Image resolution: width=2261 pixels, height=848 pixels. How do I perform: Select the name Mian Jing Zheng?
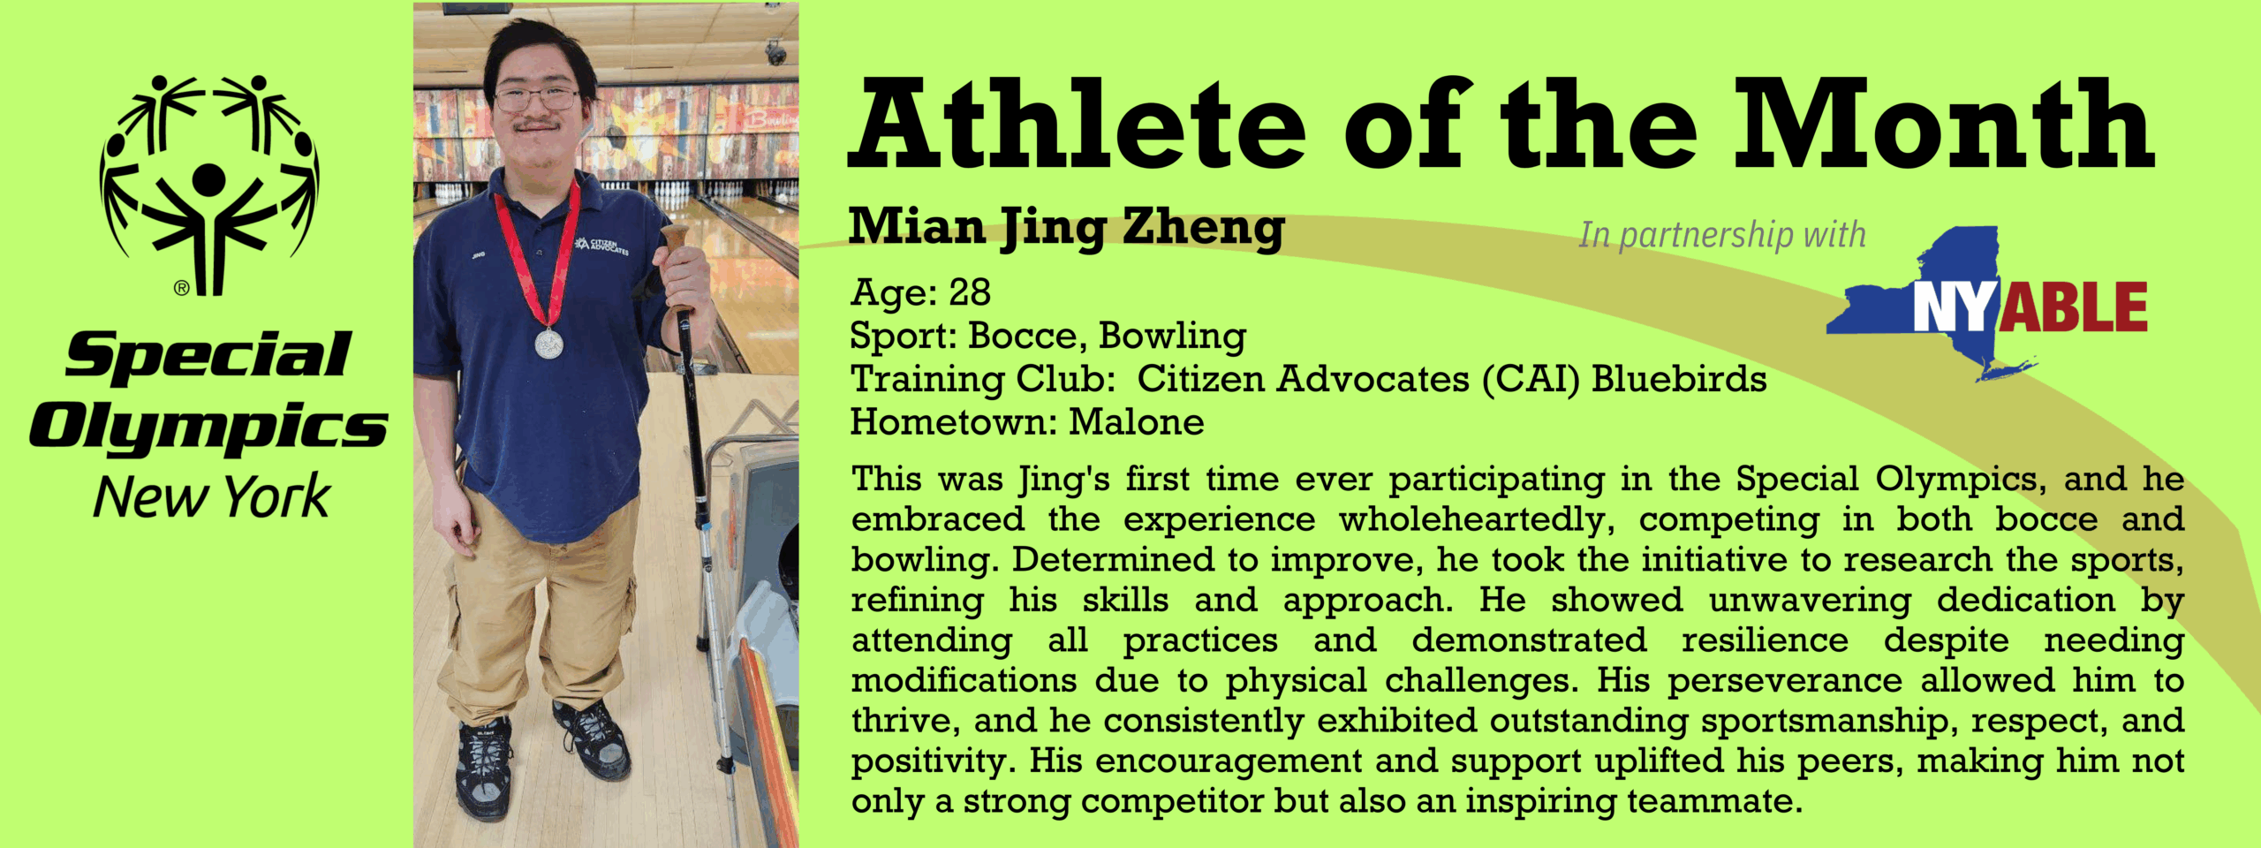pos(1067,228)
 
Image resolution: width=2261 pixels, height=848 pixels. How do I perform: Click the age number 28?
pos(970,292)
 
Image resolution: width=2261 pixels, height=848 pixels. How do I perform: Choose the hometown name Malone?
pos(1137,422)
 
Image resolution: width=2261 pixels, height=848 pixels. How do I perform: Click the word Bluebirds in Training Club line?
pos(1679,379)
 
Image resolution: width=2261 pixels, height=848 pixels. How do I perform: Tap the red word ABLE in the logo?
pos(2073,307)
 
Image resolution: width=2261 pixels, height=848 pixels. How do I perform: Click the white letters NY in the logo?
pos(1955,307)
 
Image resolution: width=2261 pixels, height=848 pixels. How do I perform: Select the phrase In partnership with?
pos(1722,235)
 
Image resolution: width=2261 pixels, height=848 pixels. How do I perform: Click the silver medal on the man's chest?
pos(548,343)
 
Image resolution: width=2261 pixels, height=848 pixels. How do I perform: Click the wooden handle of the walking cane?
pos(676,252)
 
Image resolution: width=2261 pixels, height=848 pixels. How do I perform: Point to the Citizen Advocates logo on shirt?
pos(601,245)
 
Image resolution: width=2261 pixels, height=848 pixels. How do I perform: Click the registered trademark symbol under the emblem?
pos(182,287)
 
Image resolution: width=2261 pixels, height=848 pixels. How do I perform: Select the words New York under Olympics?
pos(212,496)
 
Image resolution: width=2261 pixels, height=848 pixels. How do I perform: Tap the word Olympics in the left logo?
pos(209,429)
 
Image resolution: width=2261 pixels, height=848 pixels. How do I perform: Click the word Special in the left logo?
pos(208,356)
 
